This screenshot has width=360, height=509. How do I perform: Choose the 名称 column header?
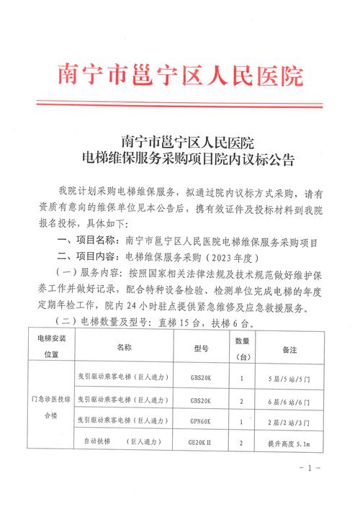123,347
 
